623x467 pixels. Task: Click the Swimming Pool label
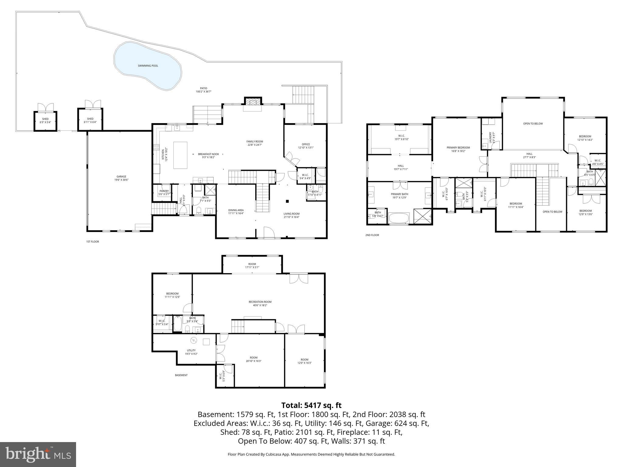(x=148, y=66)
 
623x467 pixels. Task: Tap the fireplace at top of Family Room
(x=253, y=102)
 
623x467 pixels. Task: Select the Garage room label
(x=121, y=177)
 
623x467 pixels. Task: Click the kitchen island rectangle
(x=180, y=155)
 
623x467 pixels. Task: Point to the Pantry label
(x=164, y=191)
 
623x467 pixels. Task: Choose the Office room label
(x=306, y=144)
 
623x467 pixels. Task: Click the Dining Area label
(x=236, y=210)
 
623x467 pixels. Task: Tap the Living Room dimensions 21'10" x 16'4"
(x=291, y=217)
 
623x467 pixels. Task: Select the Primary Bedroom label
(x=458, y=147)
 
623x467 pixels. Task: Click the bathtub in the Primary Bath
(x=399, y=218)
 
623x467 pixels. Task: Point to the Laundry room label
(x=490, y=137)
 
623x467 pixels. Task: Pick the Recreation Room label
(x=260, y=302)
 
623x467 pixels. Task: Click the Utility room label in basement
(x=191, y=350)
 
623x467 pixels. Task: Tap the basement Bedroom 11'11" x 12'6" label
(x=172, y=294)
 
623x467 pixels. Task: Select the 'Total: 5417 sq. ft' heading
(x=311, y=405)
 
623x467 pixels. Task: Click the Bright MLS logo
(x=38, y=454)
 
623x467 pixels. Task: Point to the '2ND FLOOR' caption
(x=372, y=235)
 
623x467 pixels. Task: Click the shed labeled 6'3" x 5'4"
(x=45, y=121)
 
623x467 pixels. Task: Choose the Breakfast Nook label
(x=208, y=154)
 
